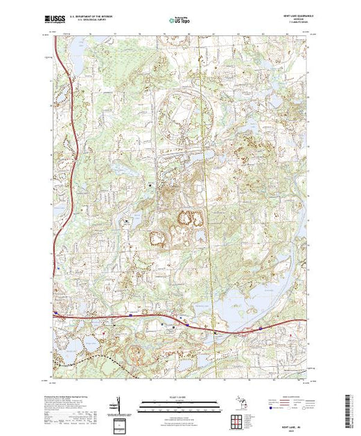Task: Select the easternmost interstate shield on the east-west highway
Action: tap(261, 327)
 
